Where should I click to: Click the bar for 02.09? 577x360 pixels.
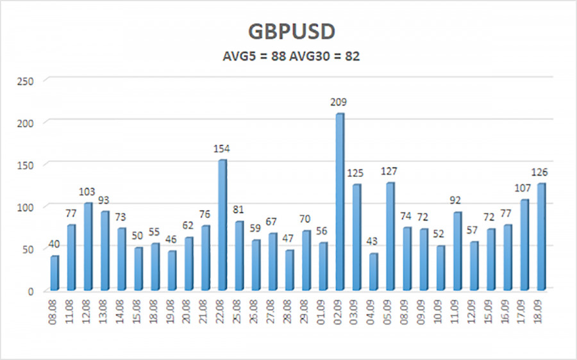point(340,202)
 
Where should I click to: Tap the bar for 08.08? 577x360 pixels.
point(54,274)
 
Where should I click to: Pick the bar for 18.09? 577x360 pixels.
point(541,237)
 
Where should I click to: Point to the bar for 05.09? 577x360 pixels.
point(390,236)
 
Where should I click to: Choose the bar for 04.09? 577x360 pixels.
point(373,272)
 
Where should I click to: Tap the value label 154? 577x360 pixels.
point(222,149)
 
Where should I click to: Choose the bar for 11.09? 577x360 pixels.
point(457,251)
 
